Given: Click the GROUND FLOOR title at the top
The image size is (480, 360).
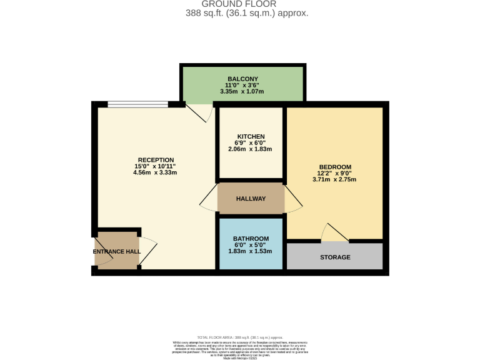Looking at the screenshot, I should coord(239,4).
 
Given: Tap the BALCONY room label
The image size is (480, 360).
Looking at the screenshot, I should coord(242,79).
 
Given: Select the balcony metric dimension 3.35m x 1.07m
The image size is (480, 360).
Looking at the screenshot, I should coord(242,91).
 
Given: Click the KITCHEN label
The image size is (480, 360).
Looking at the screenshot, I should coord(251,137).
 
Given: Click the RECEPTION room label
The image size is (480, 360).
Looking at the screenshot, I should coord(156,160).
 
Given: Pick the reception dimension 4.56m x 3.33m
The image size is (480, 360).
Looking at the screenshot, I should coord(156,172).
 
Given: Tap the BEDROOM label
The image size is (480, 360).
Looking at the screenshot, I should coord(334,167).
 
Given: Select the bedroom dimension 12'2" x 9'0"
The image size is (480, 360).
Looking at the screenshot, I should coord(334,173).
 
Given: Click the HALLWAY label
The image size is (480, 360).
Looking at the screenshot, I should coord(251,199).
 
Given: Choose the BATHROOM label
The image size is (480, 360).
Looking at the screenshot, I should coord(251,239).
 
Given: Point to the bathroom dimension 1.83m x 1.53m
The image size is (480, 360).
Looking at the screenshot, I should coord(251,251).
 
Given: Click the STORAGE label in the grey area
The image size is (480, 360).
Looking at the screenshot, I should coord(335,257).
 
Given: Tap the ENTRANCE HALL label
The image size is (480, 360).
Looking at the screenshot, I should coord(117,251).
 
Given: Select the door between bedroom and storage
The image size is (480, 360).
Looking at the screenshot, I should coord(335,233).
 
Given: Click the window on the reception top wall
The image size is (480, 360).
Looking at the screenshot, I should coord(137,104).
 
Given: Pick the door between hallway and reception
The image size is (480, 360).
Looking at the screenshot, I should coord(209,199).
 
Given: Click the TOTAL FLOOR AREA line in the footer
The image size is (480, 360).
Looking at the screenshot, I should coord(239,336).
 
